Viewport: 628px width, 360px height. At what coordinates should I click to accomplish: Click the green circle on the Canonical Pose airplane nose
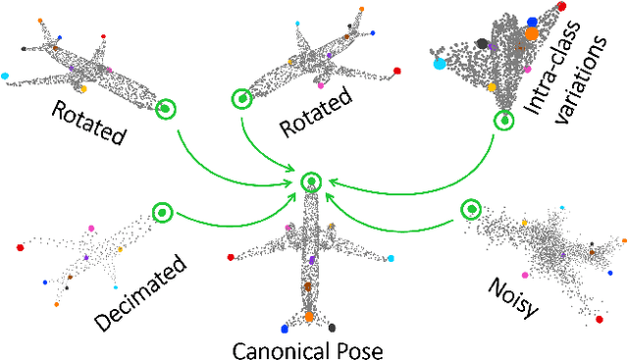tap(310, 180)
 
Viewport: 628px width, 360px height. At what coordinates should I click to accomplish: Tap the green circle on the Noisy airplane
tap(472, 208)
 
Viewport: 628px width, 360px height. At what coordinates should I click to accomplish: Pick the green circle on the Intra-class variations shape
tap(504, 120)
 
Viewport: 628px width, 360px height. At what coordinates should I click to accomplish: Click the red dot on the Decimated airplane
tap(20, 247)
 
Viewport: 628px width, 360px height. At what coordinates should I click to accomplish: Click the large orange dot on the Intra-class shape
tap(532, 32)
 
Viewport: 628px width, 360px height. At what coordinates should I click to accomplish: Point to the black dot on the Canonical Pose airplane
tap(332, 327)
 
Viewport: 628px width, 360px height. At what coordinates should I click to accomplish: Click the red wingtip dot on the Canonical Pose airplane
tap(231, 258)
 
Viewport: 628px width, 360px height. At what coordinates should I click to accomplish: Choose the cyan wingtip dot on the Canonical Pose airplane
tap(391, 259)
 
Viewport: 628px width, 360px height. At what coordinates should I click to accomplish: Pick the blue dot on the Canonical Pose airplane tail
tap(285, 328)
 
